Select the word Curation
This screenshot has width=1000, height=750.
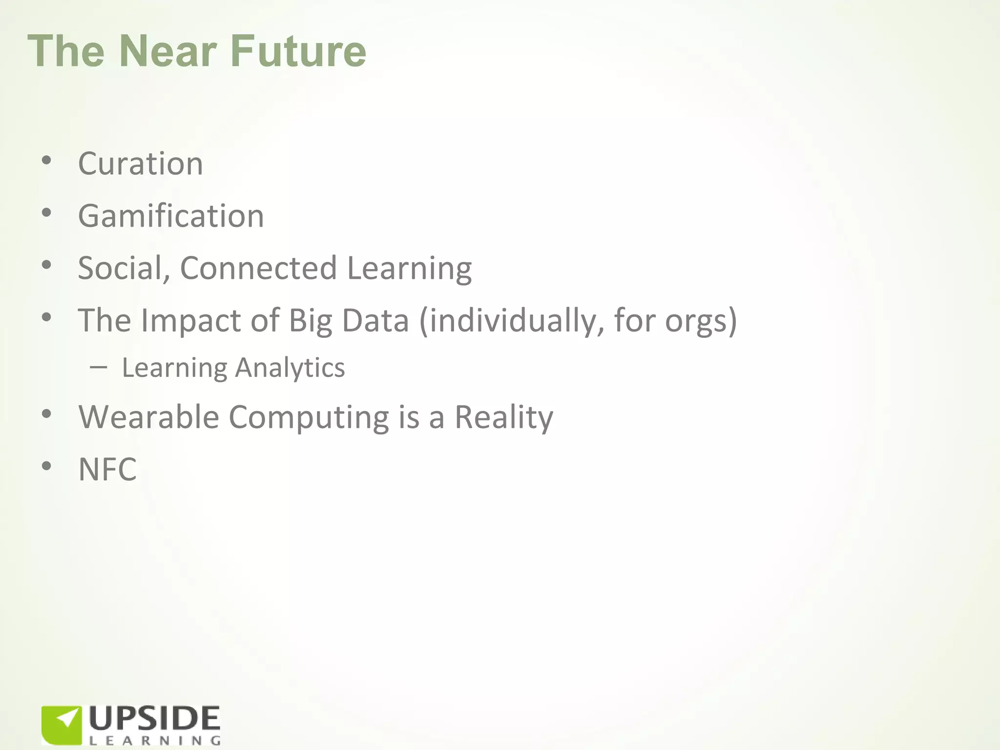(140, 164)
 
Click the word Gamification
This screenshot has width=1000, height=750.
(171, 216)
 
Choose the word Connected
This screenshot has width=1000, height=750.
(258, 268)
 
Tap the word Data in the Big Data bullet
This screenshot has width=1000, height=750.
(375, 320)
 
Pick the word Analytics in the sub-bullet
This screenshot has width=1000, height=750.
(290, 368)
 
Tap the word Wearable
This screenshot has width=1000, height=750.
(148, 417)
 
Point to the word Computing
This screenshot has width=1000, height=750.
(309, 418)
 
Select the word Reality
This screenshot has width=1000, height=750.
(503, 418)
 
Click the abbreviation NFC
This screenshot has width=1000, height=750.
(107, 469)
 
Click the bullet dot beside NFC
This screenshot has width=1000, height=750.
(46, 466)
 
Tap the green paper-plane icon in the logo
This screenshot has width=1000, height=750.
(62, 725)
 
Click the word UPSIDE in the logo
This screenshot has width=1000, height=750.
(155, 719)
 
